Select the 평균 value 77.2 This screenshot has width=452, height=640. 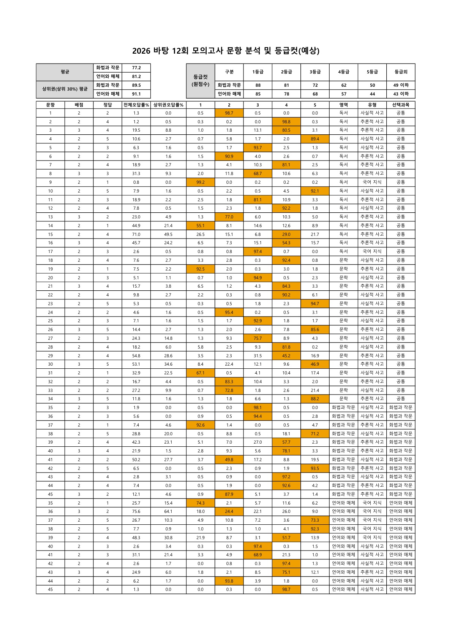point(136,68)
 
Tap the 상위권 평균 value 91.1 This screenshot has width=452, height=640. point(136,94)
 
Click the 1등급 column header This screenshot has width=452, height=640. point(258,72)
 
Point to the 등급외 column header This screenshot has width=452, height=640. point(401,72)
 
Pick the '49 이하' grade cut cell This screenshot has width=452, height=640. point(401,85)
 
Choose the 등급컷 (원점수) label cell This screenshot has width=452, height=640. point(201,81)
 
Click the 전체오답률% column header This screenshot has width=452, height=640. point(136,105)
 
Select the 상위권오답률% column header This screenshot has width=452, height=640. point(168,105)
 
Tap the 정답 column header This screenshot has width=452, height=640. point(107,105)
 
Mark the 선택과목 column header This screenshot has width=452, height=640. point(401,105)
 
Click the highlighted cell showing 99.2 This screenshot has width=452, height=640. point(201,182)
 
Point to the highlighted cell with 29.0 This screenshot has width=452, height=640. point(286,234)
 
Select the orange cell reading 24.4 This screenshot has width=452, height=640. point(229,511)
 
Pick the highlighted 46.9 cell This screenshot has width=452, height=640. point(315,364)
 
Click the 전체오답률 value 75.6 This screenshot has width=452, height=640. point(136,511)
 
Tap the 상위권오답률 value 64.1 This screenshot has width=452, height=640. point(168,511)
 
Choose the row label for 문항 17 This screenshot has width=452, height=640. point(51,252)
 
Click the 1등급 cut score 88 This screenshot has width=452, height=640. point(258,85)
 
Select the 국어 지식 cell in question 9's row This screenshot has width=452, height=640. point(372,182)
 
